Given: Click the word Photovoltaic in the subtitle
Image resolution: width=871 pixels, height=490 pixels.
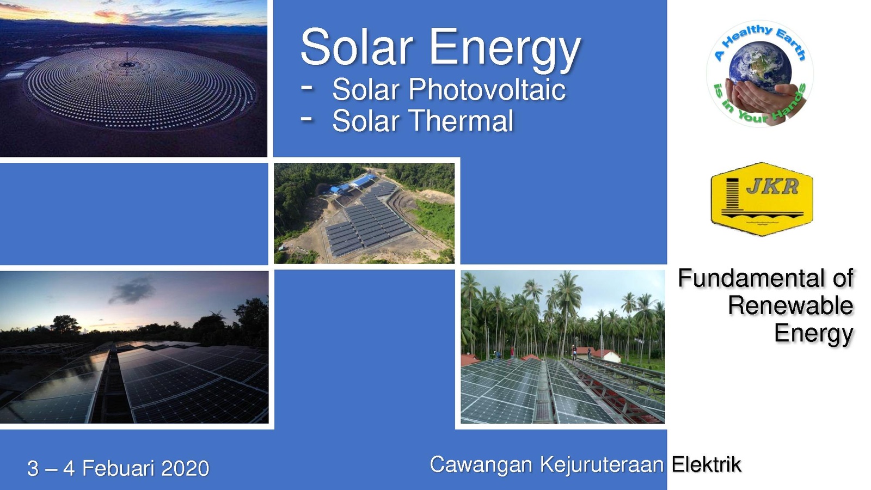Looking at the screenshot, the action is point(487,90).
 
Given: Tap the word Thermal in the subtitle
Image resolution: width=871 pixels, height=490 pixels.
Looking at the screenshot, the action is point(462,120).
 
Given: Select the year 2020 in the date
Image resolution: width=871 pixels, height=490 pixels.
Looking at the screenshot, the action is point(185,468).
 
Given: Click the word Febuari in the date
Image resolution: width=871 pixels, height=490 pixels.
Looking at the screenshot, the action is point(118,468).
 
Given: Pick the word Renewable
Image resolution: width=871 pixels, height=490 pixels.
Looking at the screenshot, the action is point(790,305).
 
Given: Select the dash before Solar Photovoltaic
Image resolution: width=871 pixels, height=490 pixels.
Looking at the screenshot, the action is point(307,88).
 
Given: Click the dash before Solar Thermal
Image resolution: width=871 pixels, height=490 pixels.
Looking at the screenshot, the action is point(307,119).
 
